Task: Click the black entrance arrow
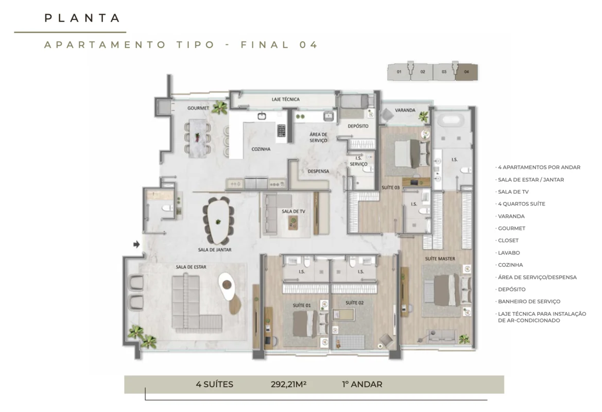tap(136, 244)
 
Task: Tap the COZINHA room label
tap(261, 149)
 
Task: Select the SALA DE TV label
tap(294, 211)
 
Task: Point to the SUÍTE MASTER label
tap(440, 259)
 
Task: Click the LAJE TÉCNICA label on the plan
tap(286, 99)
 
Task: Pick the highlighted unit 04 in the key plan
tap(467, 72)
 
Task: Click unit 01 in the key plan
tap(399, 72)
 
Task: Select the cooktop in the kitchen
tap(281, 130)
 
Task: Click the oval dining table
tap(218, 221)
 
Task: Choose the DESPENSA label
tap(318, 171)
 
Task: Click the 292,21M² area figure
tap(288, 384)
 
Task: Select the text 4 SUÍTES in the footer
tap(214, 384)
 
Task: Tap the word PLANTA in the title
tap(82, 18)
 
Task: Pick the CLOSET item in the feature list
tap(508, 241)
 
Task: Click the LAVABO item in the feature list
tap(509, 253)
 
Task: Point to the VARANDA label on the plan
tap(405, 110)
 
